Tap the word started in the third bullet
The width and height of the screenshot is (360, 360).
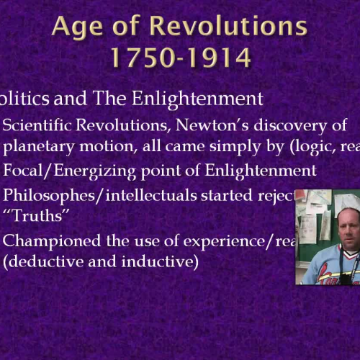220,194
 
